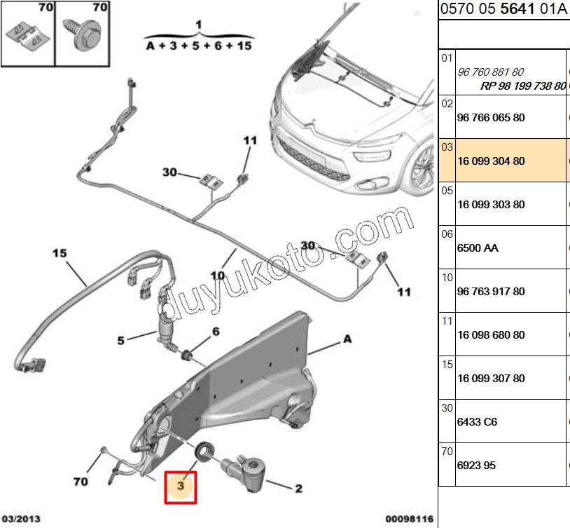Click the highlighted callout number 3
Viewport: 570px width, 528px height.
point(181,486)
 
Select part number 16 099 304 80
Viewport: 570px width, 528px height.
point(490,161)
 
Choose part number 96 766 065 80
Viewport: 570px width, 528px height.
point(490,118)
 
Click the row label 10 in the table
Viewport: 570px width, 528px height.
point(447,278)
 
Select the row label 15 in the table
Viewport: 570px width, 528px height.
point(447,365)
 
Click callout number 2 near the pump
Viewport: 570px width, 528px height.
point(298,489)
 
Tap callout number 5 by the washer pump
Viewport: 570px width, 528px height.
point(120,341)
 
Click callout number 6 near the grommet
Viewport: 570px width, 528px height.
point(216,331)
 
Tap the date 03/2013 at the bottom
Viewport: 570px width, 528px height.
point(21,520)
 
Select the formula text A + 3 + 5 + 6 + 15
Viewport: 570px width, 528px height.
point(199,46)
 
